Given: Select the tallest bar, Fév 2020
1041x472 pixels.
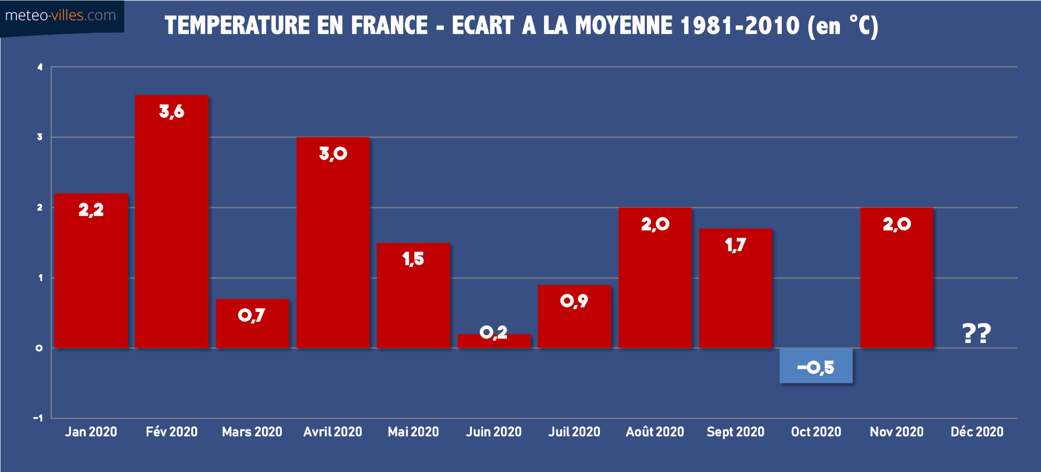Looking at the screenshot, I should [171, 228].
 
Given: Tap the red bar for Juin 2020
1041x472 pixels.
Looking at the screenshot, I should [493, 341].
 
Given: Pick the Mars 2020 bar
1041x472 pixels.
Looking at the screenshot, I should [252, 331].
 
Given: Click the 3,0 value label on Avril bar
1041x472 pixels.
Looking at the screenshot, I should [333, 154].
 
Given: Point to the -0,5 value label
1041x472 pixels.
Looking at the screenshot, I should [815, 367].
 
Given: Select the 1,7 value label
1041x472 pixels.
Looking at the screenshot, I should [735, 245].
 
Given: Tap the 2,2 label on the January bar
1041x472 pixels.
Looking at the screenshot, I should [91, 209].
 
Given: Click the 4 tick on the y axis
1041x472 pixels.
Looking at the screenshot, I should [40, 67].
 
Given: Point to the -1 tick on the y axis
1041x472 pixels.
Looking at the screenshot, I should [38, 418].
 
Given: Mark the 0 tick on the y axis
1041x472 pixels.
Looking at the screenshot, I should [39, 348].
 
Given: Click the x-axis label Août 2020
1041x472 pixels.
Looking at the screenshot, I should [654, 432].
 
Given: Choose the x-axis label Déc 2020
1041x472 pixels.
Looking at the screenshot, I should [976, 432].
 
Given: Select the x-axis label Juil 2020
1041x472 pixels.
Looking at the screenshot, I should [574, 432].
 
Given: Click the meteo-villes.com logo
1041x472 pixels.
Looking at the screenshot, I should [60, 16].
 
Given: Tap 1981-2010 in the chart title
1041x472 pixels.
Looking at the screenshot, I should [740, 25].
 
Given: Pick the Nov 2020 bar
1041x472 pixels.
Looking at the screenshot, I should [896, 282].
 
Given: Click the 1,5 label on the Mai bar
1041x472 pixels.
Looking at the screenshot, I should [413, 259].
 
